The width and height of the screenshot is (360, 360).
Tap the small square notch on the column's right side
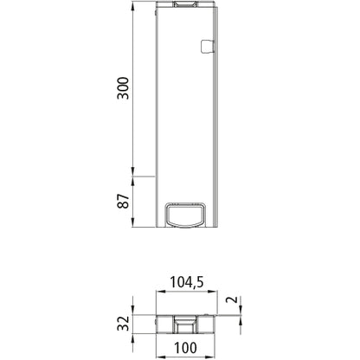tap(205, 47)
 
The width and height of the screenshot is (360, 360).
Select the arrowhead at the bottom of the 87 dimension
tap(132, 228)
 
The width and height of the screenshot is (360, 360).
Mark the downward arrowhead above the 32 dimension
tap(132, 311)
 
